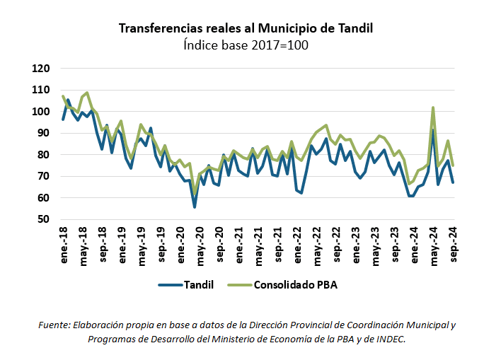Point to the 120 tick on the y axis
[x=40, y=69]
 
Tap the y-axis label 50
[x=43, y=220]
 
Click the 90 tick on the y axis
[x=43, y=134]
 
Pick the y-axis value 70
[x=43, y=177]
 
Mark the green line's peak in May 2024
[x=432, y=108]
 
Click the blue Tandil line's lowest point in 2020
[x=195, y=207]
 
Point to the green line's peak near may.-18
[x=87, y=93]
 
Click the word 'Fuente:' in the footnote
[x=54, y=325]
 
